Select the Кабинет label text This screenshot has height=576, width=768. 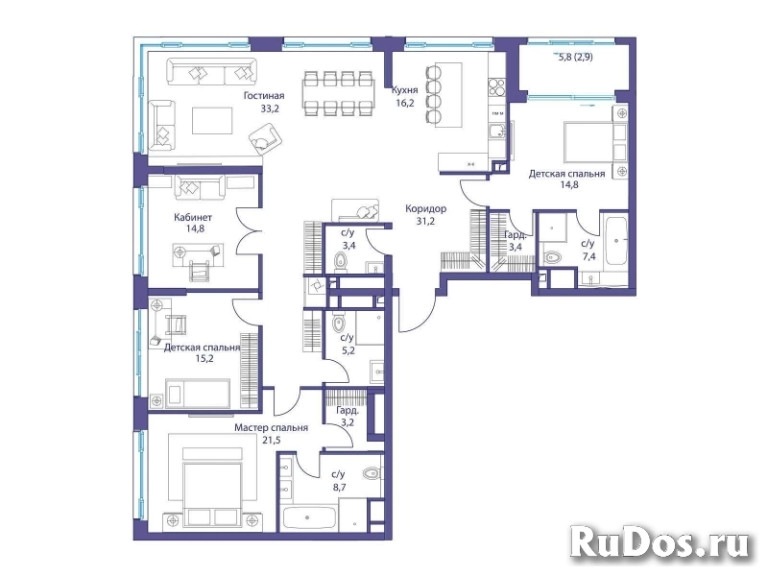[193, 218]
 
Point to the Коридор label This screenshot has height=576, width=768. [425, 208]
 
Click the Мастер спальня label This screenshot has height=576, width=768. [272, 428]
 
